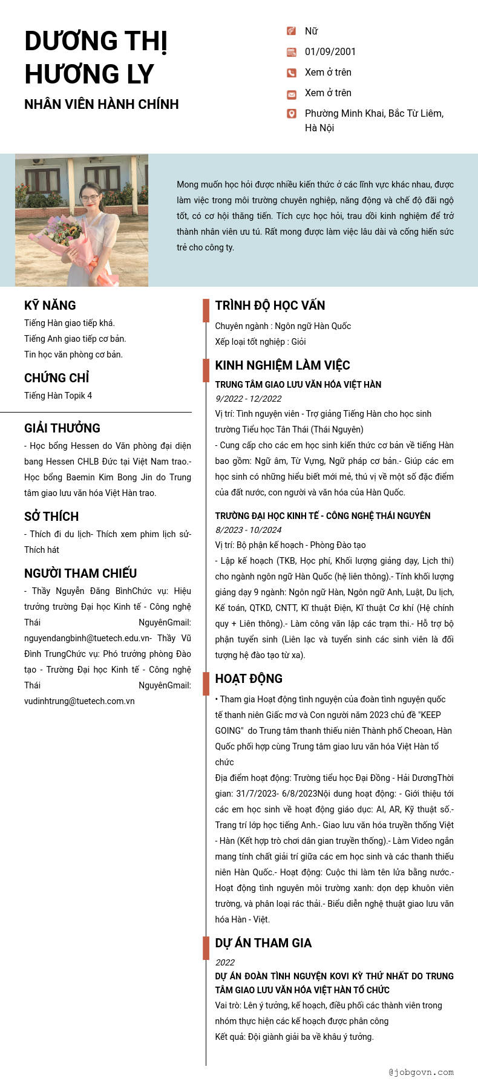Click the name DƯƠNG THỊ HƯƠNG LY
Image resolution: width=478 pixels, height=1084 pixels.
point(96,57)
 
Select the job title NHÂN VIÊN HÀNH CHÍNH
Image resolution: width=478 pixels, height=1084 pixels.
point(102,104)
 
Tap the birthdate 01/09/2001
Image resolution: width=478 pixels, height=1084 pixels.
point(330,52)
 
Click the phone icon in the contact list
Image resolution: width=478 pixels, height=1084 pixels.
point(292,73)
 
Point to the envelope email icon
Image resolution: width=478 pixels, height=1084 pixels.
point(292,94)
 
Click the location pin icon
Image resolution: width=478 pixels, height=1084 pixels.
point(292,114)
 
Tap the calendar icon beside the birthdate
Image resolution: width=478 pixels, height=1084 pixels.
point(292,53)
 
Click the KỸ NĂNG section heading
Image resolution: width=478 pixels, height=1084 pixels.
point(50,305)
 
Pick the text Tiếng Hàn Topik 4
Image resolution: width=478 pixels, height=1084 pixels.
point(58,396)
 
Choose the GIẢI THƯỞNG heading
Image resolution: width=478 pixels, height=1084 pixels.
point(62,428)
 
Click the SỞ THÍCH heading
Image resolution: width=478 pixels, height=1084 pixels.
point(51,517)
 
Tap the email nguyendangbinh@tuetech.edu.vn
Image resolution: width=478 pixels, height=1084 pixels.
point(87,638)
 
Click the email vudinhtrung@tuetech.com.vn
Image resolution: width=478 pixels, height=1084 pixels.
point(79,701)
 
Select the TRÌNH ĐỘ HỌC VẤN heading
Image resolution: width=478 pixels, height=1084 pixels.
point(270,305)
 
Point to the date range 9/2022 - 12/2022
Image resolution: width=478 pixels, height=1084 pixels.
point(249,399)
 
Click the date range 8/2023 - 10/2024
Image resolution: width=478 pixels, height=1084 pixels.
point(249,530)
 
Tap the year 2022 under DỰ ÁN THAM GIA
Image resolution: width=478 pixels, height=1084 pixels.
point(225,962)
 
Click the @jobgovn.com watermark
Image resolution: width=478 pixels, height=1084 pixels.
point(421,1073)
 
